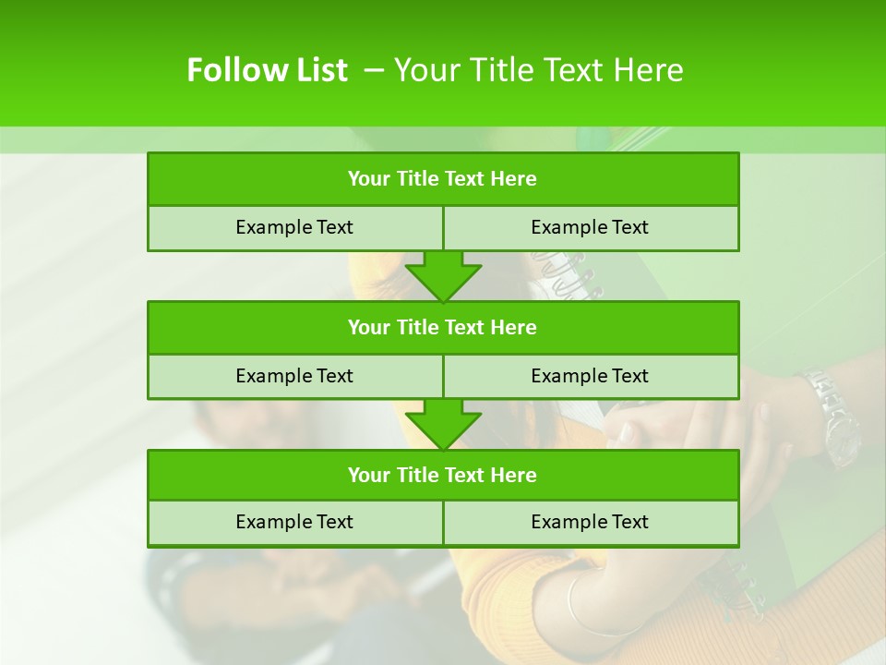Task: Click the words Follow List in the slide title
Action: [x=267, y=70]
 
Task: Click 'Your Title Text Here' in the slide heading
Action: [x=538, y=70]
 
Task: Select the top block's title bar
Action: [x=443, y=179]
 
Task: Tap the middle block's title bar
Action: [x=443, y=327]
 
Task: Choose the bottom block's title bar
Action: [x=443, y=475]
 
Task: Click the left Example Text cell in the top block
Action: [x=294, y=227]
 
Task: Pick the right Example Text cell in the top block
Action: [x=590, y=227]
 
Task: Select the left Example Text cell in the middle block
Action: [x=294, y=376]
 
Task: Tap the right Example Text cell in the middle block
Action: [x=590, y=376]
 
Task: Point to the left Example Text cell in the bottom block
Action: [x=294, y=522]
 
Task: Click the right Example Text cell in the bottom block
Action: [x=590, y=522]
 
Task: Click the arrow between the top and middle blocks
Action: [x=443, y=276]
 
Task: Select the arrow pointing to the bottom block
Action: [x=443, y=425]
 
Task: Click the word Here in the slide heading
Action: [x=651, y=70]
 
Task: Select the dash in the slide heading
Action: [x=374, y=70]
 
